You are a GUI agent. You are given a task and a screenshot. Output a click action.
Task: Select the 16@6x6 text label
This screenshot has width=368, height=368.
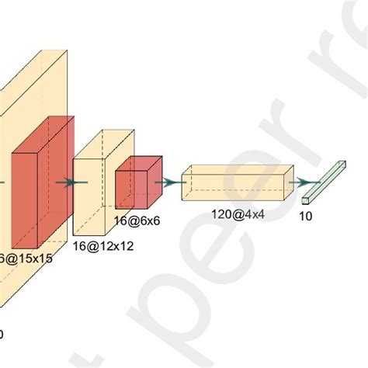[137, 220]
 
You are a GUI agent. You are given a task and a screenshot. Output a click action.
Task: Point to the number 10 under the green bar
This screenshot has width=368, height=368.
[306, 217]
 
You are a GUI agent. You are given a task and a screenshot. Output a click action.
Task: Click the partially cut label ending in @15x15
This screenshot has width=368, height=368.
[27, 259]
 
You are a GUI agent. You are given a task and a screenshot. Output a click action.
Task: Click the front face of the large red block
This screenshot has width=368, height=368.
[25, 197]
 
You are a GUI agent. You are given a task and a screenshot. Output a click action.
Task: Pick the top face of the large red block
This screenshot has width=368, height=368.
[43, 132]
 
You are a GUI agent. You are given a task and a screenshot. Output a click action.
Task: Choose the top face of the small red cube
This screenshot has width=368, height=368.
[140, 162]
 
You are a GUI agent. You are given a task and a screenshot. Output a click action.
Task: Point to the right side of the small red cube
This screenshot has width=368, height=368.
[155, 180]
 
